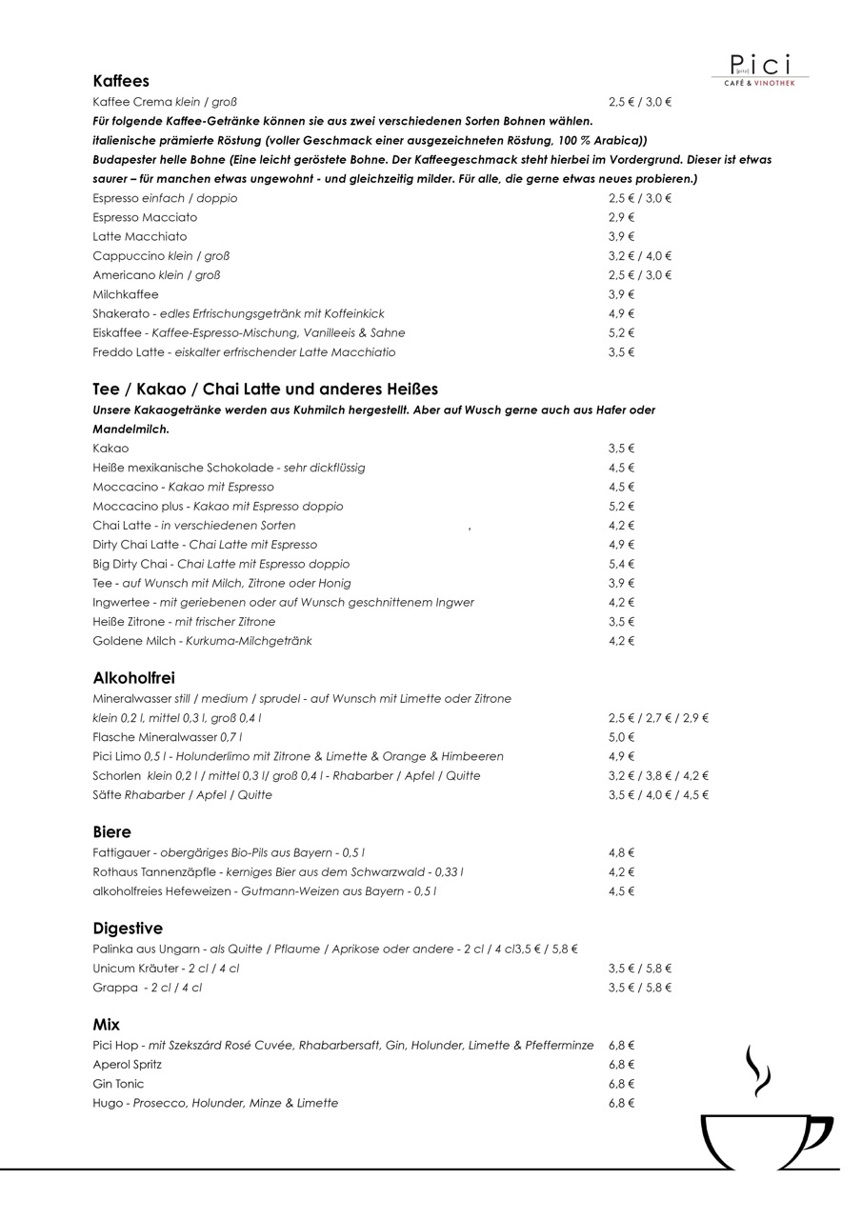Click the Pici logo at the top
(x=760, y=69)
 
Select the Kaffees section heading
(x=121, y=81)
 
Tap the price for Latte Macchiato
(x=621, y=236)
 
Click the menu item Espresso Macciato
(x=145, y=217)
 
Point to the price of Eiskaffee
(x=621, y=332)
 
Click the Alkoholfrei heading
(x=133, y=678)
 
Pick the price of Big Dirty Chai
(x=621, y=564)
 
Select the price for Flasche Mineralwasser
(x=621, y=737)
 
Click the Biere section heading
(x=112, y=831)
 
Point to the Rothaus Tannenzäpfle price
(x=621, y=871)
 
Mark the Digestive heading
(x=128, y=928)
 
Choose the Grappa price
(x=640, y=988)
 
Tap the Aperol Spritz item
(x=128, y=1065)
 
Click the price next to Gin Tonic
(x=621, y=1084)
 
